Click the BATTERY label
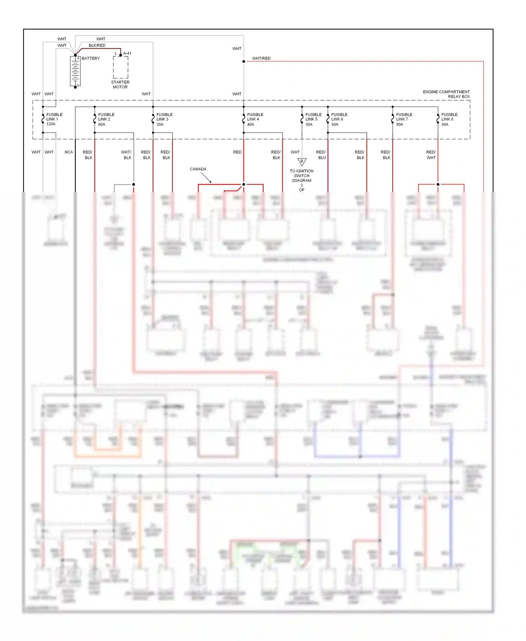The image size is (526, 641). (90, 59)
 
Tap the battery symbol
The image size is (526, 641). (75, 71)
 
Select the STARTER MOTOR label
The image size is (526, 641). (120, 85)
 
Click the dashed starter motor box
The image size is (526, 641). (120, 67)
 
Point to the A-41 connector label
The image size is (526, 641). (127, 54)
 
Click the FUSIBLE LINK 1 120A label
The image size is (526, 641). (54, 119)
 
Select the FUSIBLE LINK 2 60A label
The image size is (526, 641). (106, 119)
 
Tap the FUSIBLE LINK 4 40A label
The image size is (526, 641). (255, 119)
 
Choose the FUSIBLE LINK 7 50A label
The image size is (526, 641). (404, 119)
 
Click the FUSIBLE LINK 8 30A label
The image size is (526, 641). (449, 119)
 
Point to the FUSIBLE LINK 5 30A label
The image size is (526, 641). (313, 119)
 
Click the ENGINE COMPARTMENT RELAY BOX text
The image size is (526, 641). (446, 94)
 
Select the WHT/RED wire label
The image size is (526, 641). (261, 59)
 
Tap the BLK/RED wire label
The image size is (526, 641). (97, 46)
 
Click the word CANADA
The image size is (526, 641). (198, 169)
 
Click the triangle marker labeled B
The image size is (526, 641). (302, 162)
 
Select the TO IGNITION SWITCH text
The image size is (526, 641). (302, 174)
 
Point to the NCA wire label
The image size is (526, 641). (69, 152)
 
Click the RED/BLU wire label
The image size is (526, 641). (321, 155)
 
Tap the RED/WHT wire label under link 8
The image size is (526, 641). (431, 155)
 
